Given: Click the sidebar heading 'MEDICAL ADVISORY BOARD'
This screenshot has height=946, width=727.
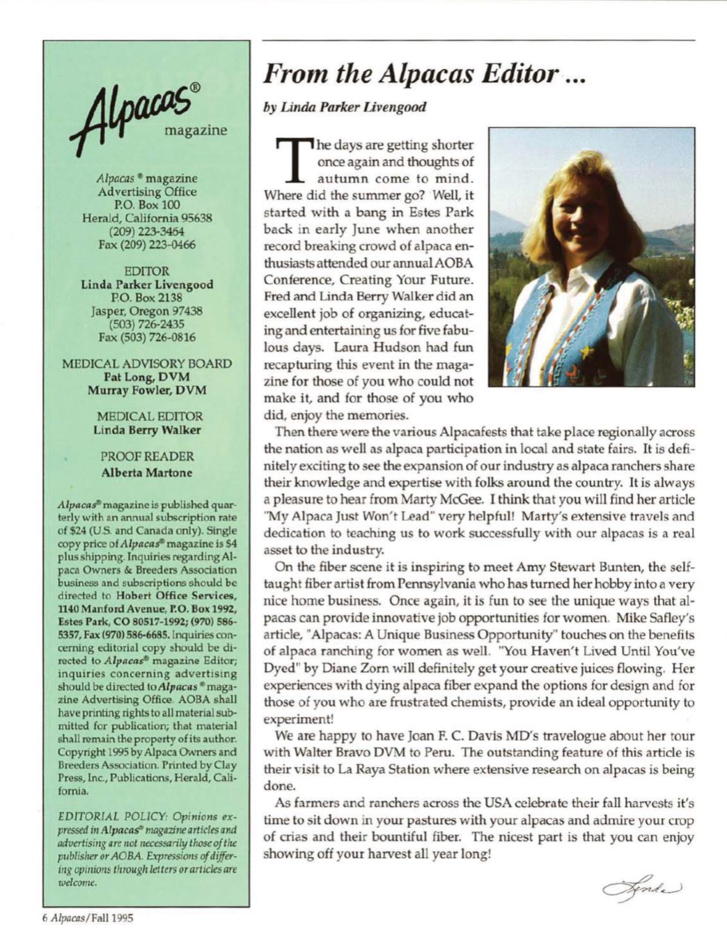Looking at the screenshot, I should click(x=147, y=364).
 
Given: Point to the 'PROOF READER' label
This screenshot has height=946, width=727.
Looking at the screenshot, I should click(x=147, y=457).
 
